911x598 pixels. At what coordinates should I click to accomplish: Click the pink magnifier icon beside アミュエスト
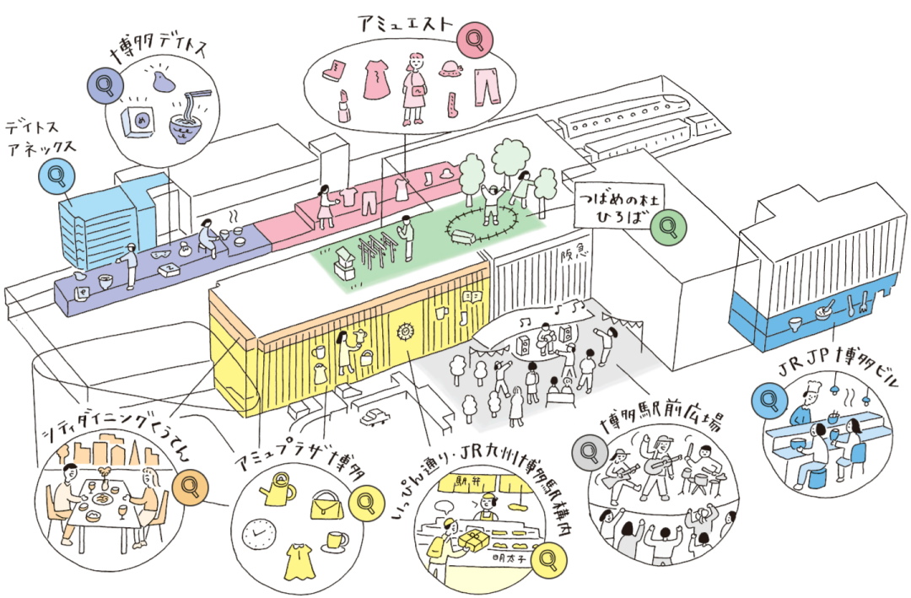click(473, 39)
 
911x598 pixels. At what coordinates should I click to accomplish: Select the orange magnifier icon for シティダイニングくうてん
click(187, 487)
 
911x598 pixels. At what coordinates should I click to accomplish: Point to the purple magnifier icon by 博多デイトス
click(104, 84)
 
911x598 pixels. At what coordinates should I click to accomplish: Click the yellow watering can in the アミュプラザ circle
click(278, 487)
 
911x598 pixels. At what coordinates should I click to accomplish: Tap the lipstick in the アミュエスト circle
click(344, 103)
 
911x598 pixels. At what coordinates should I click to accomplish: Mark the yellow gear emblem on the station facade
click(407, 331)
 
